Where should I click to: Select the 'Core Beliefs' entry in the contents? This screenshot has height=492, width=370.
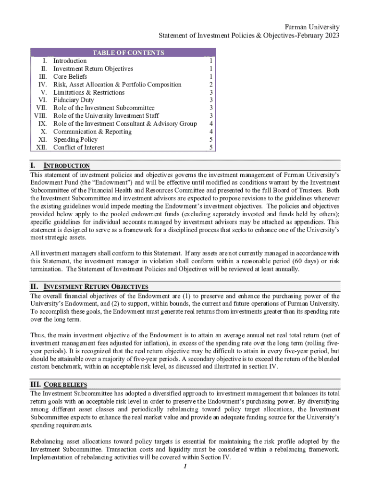pos(70,76)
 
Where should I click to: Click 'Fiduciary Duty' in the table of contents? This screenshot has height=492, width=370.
pos(74,100)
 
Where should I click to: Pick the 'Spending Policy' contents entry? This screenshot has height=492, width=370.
pos(75,139)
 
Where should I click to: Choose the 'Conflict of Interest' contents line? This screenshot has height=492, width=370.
pos(78,148)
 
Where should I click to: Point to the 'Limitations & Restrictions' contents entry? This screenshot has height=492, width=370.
pos(89,92)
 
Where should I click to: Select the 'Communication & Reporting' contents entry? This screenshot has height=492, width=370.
pos(92,132)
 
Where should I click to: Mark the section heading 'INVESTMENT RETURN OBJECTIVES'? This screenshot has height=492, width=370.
pos(96,287)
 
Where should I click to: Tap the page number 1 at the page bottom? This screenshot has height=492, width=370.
pos(185,466)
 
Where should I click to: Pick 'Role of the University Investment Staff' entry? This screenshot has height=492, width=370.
pos(106,116)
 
